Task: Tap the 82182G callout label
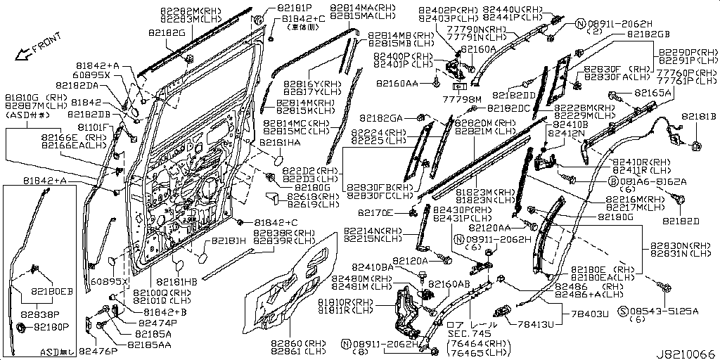click(167, 33)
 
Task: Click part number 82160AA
click(397, 83)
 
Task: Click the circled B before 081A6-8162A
click(612, 181)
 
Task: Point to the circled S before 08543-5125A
click(622, 310)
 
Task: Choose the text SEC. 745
click(468, 334)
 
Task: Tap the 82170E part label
click(375, 212)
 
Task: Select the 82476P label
click(98, 350)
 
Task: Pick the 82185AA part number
click(149, 345)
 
